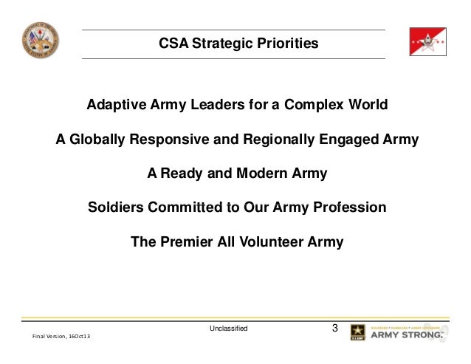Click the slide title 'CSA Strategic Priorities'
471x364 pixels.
(238, 44)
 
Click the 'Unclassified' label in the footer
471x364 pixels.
(229, 328)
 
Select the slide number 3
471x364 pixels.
(335, 328)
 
